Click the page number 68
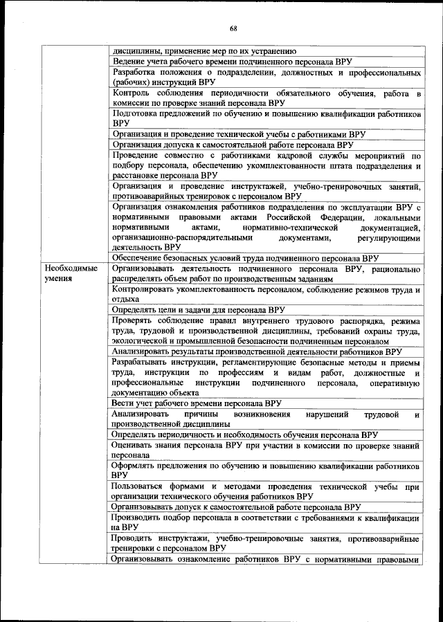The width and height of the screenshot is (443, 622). point(233,28)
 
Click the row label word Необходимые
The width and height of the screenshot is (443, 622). point(71,268)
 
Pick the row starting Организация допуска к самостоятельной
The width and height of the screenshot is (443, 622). point(233,145)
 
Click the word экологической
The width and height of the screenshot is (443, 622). point(143,340)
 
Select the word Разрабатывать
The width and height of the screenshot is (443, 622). point(145,362)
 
